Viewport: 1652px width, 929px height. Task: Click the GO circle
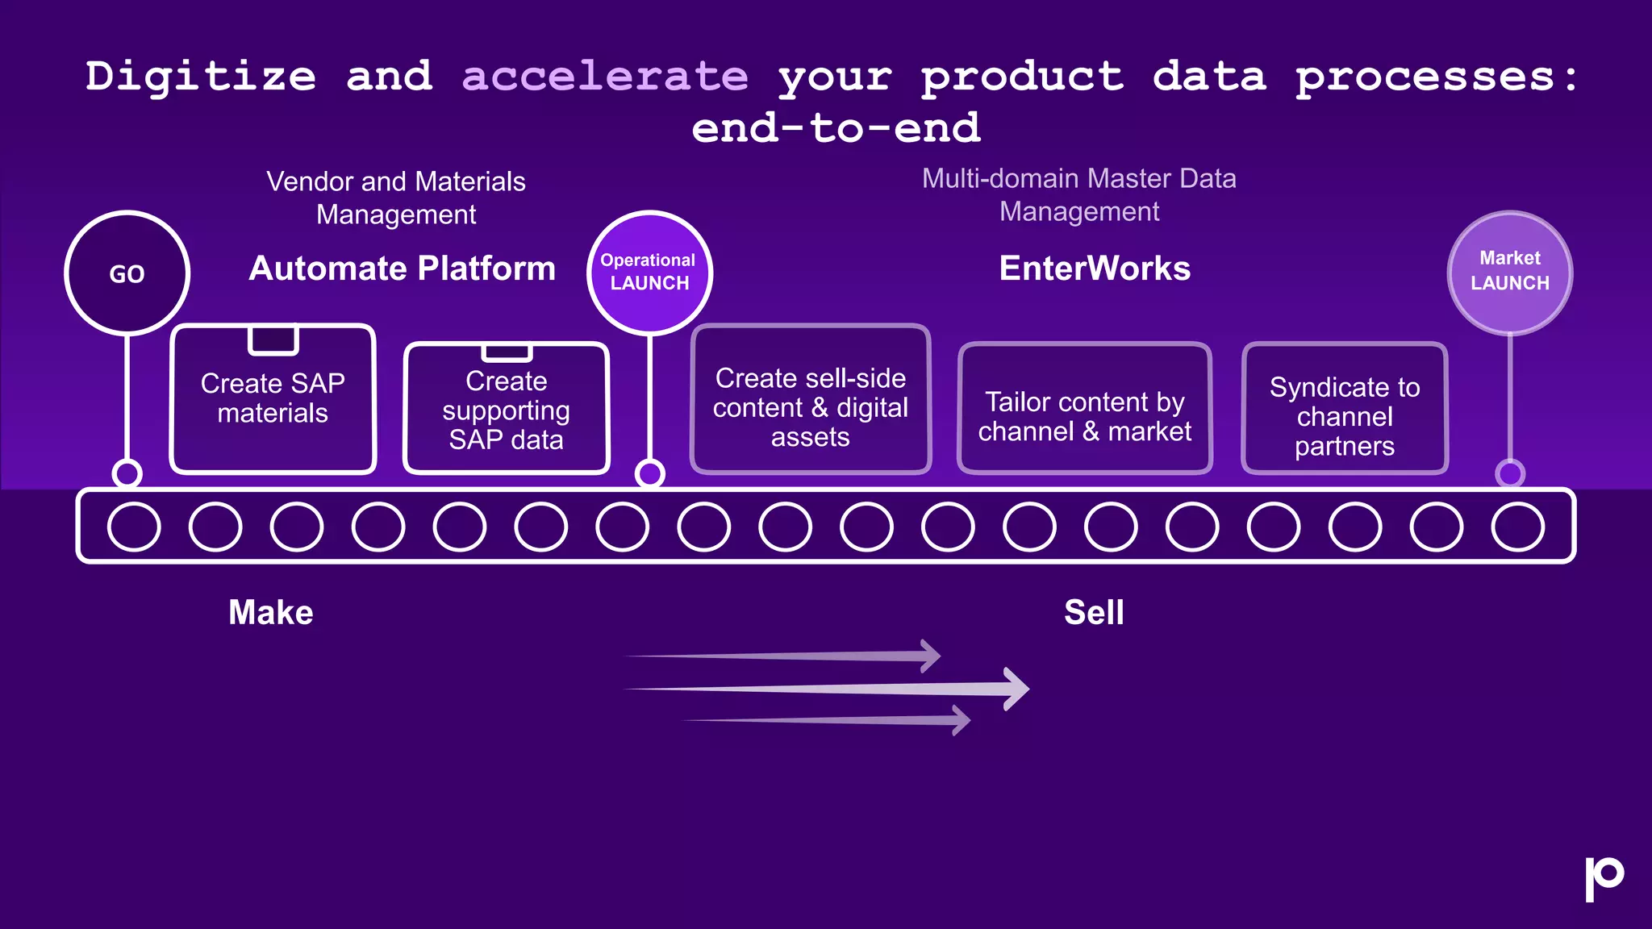(127, 273)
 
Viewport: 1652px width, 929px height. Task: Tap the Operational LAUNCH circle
(649, 273)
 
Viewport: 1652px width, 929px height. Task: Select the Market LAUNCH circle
(1509, 273)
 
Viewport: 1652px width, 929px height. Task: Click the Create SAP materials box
(273, 399)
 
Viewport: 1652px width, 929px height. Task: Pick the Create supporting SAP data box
(506, 410)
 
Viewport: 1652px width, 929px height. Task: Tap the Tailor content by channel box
(1084, 410)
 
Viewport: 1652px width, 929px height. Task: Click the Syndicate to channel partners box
(1344, 410)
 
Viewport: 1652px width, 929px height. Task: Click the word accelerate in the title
(605, 77)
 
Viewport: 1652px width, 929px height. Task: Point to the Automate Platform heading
(402, 269)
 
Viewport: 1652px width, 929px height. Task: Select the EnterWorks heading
(1094, 269)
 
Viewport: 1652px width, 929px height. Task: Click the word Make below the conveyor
(270, 613)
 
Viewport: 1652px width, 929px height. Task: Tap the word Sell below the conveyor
(1093, 613)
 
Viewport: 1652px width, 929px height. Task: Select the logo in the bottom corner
(1604, 877)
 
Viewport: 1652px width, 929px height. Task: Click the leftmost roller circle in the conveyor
(134, 527)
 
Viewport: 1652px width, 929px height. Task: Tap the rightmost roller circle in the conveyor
(1517, 527)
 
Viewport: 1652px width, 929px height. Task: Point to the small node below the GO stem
(127, 473)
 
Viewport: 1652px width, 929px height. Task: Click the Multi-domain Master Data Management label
(1078, 194)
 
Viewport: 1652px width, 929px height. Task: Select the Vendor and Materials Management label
(396, 198)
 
